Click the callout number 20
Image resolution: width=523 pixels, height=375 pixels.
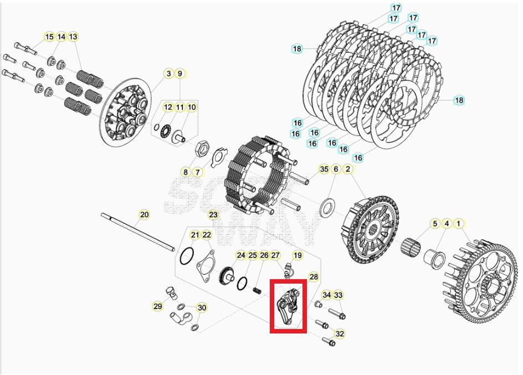click(144, 214)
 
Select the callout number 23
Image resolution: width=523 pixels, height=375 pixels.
click(213, 214)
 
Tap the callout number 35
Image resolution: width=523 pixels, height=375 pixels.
click(324, 169)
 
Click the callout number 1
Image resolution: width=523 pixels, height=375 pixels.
click(458, 224)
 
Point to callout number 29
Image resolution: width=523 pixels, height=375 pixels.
click(158, 306)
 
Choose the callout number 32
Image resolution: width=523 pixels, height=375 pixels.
click(340, 333)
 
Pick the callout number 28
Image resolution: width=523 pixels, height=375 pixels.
click(314, 277)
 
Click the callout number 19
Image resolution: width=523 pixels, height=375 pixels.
click(298, 255)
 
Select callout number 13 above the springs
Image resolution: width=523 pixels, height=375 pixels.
click(73, 37)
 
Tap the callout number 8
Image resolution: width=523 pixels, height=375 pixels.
click(186, 172)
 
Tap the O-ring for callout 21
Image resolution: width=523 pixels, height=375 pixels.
click(187, 257)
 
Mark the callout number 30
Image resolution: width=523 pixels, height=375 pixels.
click(202, 308)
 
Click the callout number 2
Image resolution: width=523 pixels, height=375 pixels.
click(348, 169)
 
